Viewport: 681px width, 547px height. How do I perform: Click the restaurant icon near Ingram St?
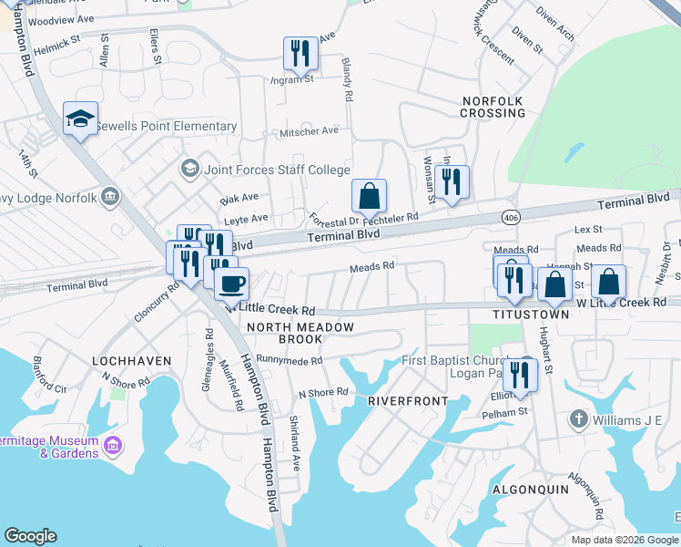[301, 54]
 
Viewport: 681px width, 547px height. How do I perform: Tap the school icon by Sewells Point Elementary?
[80, 119]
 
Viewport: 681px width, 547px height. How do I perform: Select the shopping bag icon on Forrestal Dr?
[369, 195]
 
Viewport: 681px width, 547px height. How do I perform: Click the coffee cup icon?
[232, 282]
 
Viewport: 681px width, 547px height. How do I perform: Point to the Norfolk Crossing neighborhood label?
[493, 106]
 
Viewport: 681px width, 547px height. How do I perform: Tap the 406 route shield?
[510, 216]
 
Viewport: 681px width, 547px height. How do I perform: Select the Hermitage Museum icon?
[113, 445]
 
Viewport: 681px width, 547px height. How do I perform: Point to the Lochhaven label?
[132, 361]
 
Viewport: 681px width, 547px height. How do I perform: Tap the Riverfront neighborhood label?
[408, 401]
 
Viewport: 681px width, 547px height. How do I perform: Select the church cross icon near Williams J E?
[576, 419]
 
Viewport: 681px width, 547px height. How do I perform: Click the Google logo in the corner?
[30, 536]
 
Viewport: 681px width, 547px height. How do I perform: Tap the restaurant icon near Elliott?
[520, 374]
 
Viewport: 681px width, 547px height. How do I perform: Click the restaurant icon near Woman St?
[451, 182]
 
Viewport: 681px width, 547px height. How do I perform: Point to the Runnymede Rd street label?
[290, 361]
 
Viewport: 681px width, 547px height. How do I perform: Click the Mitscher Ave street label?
[310, 130]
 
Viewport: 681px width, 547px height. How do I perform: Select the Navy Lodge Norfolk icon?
[110, 195]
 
